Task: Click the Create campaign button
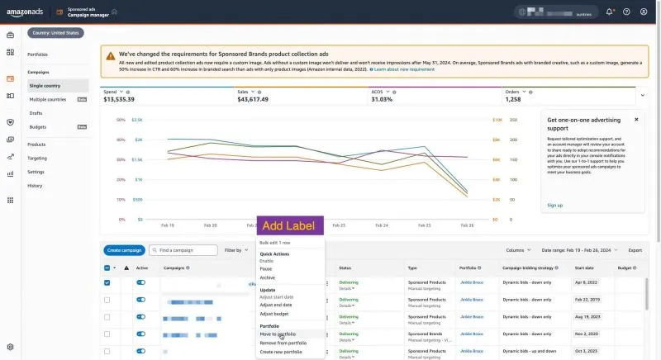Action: (x=125, y=249)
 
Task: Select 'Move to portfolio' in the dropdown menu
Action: (x=278, y=334)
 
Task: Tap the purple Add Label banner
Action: (x=290, y=226)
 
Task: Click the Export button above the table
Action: (x=635, y=249)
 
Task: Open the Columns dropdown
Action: (x=517, y=249)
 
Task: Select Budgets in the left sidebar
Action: (x=38, y=126)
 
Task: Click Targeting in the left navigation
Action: (x=37, y=158)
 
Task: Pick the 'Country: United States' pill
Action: (x=56, y=33)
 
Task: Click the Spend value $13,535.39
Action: (x=119, y=99)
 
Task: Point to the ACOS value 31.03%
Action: (x=382, y=99)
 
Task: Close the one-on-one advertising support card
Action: (x=636, y=119)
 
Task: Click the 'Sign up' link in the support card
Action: (x=554, y=205)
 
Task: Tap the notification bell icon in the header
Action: (x=610, y=12)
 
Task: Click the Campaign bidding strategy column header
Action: (x=529, y=268)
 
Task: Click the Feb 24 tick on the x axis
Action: (x=382, y=225)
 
